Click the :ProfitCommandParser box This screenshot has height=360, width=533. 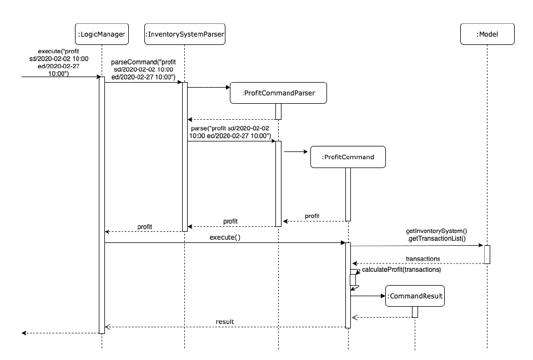(x=278, y=94)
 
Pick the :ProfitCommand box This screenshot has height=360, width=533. (x=348, y=157)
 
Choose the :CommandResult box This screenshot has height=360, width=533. (x=415, y=296)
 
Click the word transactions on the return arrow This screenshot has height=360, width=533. (x=423, y=258)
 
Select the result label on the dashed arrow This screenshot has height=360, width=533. (x=225, y=321)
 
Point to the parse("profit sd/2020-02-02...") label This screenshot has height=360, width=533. (x=229, y=132)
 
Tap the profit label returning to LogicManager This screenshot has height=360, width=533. (x=144, y=226)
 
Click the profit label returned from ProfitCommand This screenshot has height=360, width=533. (x=313, y=215)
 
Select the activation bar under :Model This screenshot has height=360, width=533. (x=487, y=254)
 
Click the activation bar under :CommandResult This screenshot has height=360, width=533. (x=415, y=312)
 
